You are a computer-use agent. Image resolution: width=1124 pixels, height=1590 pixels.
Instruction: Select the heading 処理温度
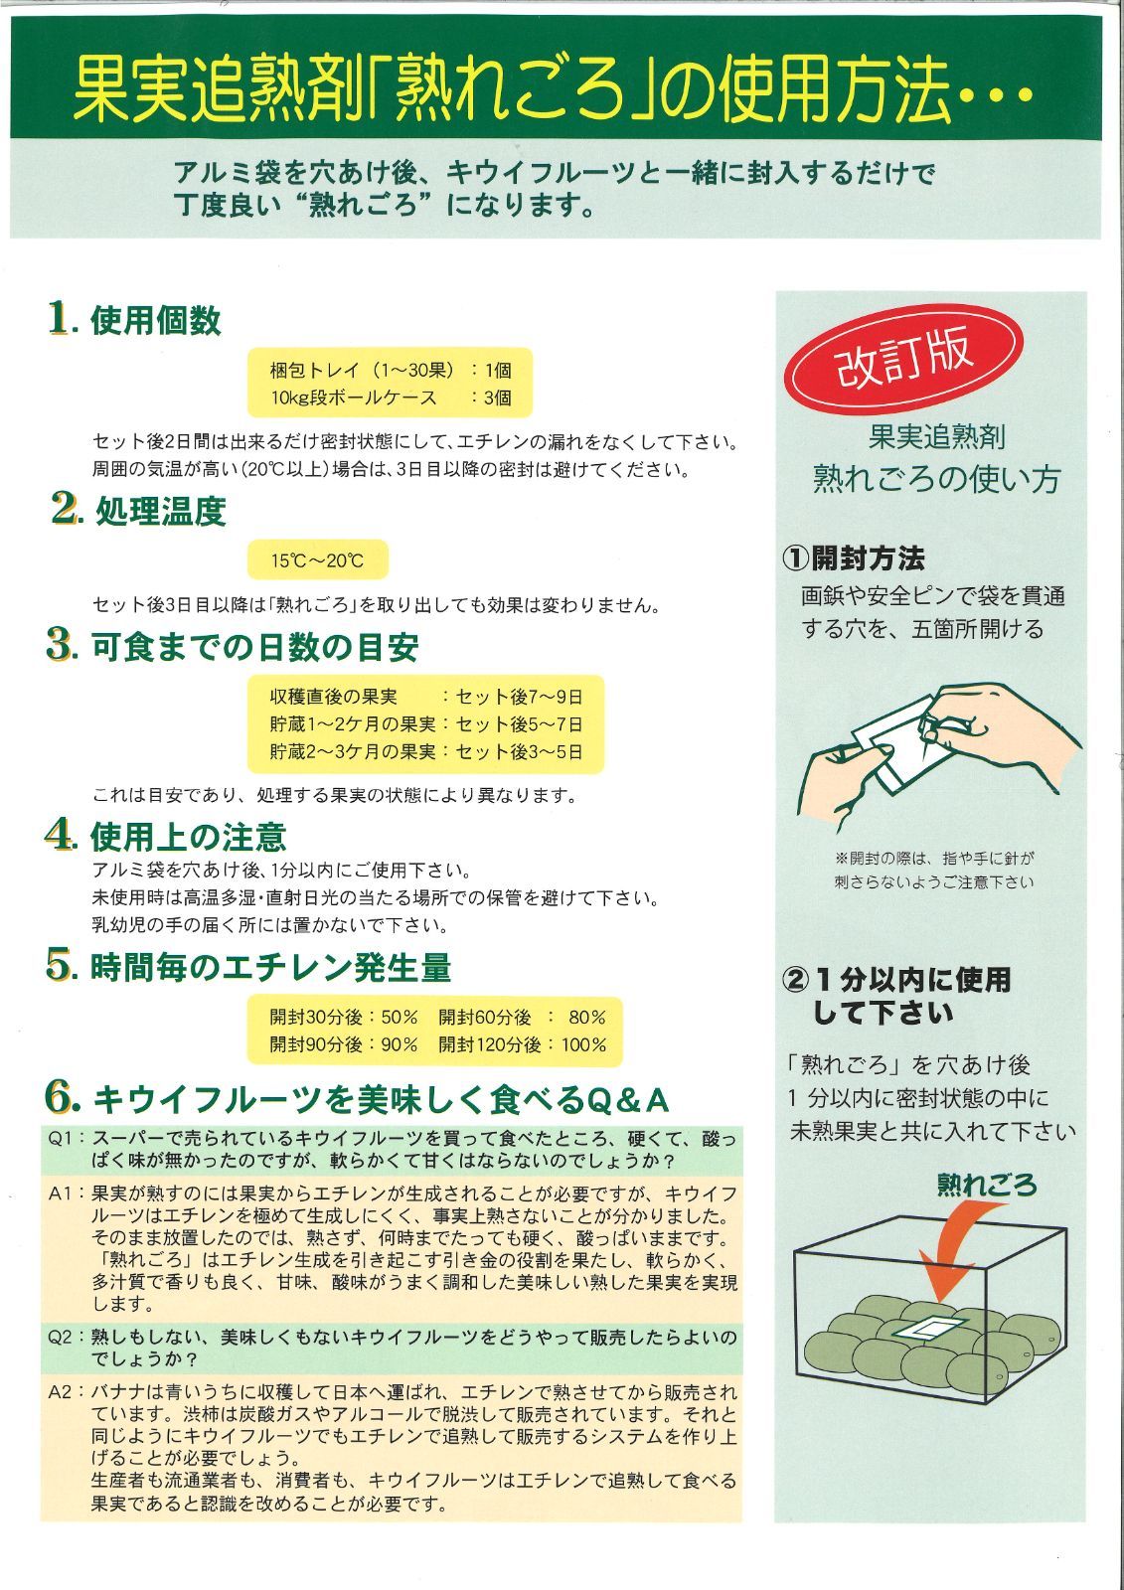tap(160, 512)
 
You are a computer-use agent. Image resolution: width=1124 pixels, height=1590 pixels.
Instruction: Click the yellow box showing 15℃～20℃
tap(318, 560)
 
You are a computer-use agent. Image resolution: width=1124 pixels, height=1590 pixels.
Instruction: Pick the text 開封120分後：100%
tap(522, 1044)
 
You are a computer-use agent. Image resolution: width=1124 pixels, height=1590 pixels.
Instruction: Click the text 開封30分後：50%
tap(344, 1017)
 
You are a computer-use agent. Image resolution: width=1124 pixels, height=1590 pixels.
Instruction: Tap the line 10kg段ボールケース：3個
tap(390, 397)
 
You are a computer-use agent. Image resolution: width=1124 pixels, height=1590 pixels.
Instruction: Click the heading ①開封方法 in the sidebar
tap(854, 558)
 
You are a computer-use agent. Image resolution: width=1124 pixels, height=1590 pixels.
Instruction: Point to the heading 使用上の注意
tap(188, 837)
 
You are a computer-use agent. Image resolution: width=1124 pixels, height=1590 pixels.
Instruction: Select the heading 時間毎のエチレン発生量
tap(270, 967)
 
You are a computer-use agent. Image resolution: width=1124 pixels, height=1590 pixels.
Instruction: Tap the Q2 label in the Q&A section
tap(65, 1338)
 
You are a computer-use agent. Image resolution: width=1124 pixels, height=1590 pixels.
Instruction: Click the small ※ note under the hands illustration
tap(934, 870)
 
